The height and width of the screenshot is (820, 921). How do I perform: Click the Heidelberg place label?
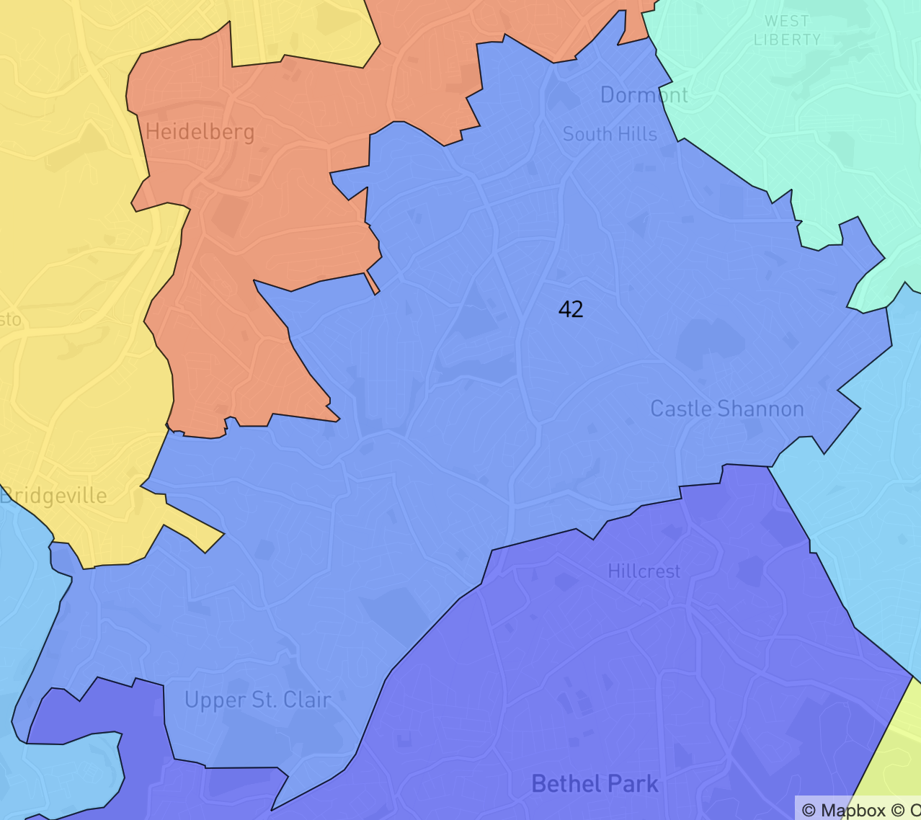[200, 132]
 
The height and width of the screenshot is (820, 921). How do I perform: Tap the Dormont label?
[644, 95]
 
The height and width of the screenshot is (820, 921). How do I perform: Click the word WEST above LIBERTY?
[787, 22]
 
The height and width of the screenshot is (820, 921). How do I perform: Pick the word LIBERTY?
[787, 40]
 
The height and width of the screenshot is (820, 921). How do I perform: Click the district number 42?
[570, 309]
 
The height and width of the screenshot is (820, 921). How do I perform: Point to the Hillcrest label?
[644, 571]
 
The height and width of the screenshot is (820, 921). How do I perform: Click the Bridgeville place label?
[54, 496]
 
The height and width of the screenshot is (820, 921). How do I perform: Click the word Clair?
[307, 700]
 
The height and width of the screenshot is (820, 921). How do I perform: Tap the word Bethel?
[563, 783]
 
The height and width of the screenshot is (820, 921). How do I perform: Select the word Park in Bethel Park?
[632, 783]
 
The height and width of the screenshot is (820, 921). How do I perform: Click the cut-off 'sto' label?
[10, 319]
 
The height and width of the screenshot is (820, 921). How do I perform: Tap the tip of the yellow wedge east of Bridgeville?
[223, 535]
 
